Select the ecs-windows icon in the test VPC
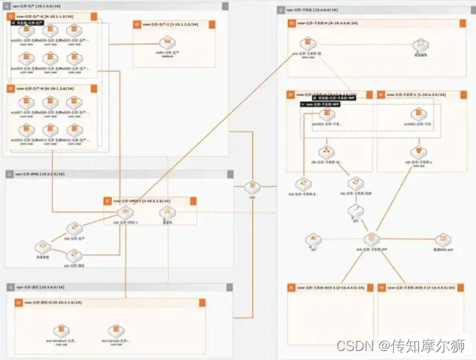pyautogui.click(x=63, y=331)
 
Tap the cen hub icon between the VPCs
pyautogui.click(x=252, y=187)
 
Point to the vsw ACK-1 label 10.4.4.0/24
pyautogui.click(x=331, y=288)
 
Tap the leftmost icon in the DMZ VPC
pyautogui.click(x=43, y=246)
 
